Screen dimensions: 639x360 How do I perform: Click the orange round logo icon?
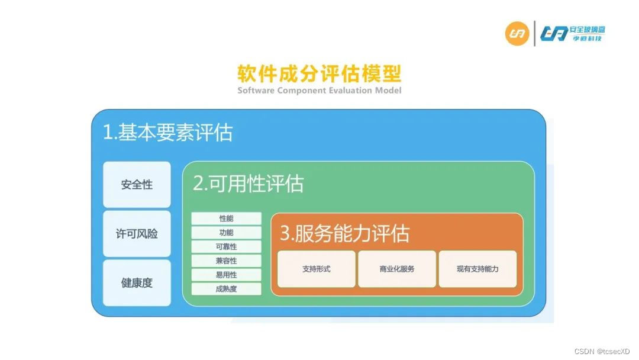[x=517, y=34]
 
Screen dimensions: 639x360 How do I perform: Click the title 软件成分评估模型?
[x=319, y=74]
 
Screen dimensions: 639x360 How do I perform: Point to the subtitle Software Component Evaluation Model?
[x=319, y=91]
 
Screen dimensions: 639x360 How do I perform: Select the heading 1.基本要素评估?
[x=167, y=133]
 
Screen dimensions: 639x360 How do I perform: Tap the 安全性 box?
[x=137, y=185]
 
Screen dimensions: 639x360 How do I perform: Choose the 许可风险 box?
[x=137, y=234]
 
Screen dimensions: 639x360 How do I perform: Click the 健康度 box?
[x=137, y=283]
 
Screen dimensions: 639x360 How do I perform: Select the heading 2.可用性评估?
[x=248, y=184]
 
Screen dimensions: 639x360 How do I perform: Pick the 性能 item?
[x=226, y=218]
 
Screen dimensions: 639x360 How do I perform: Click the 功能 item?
[x=226, y=233]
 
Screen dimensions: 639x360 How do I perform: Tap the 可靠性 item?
[x=226, y=247]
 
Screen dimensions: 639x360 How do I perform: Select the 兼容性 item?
[x=226, y=261]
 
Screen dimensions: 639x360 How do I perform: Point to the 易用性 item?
[x=226, y=275]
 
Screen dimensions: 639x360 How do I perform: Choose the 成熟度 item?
[x=226, y=289]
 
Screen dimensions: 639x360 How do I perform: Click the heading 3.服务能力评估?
[x=344, y=233]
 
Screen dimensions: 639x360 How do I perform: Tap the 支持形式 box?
[x=317, y=269]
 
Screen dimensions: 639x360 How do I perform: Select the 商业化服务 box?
[x=397, y=269]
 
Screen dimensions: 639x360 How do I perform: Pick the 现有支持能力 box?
[x=477, y=269]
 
